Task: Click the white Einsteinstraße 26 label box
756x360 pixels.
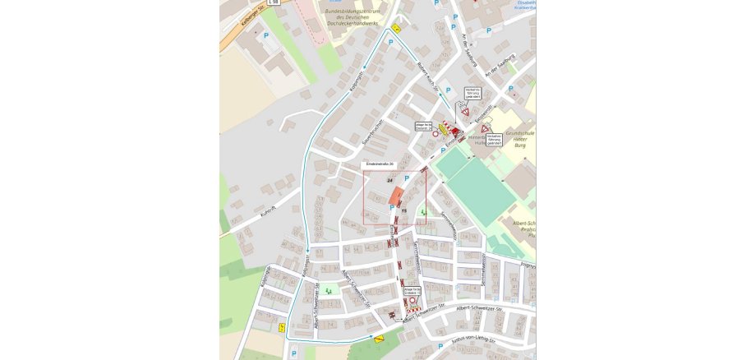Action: [x=380, y=164]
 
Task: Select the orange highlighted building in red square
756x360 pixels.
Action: [x=395, y=197]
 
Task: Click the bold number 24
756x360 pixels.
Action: [x=390, y=178]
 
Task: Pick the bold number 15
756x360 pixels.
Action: [x=404, y=210]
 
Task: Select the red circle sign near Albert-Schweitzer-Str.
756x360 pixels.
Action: [x=413, y=302]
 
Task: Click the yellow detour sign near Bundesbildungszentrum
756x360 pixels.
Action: [x=396, y=29]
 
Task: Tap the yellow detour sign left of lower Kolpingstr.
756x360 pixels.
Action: [x=282, y=327]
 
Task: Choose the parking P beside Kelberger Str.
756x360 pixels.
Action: [x=265, y=36]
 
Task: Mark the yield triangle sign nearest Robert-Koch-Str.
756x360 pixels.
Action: [x=464, y=112]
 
